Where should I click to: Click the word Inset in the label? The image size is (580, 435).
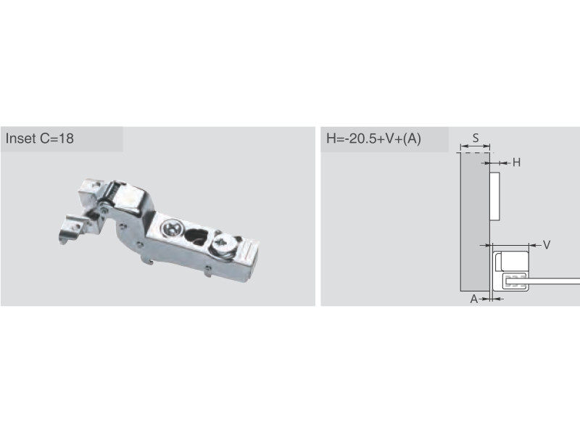[20, 138]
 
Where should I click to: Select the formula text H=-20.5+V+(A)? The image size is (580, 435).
[373, 138]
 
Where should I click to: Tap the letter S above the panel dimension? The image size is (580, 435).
[476, 138]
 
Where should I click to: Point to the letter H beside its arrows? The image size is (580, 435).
[516, 162]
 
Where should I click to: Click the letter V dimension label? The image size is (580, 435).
[547, 244]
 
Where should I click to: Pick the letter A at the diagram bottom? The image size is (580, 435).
[474, 299]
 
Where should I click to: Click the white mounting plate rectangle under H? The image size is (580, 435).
[495, 196]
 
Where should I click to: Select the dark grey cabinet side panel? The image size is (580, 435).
[475, 222]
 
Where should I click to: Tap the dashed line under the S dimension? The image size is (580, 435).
[476, 152]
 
